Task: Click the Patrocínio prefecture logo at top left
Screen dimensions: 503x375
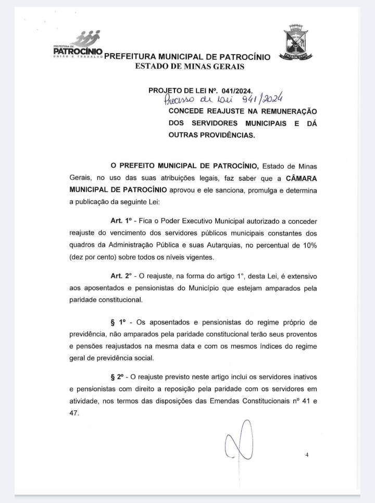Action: (78, 45)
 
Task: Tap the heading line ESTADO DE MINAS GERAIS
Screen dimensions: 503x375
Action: (190, 66)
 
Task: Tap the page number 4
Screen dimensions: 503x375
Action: (307, 455)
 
